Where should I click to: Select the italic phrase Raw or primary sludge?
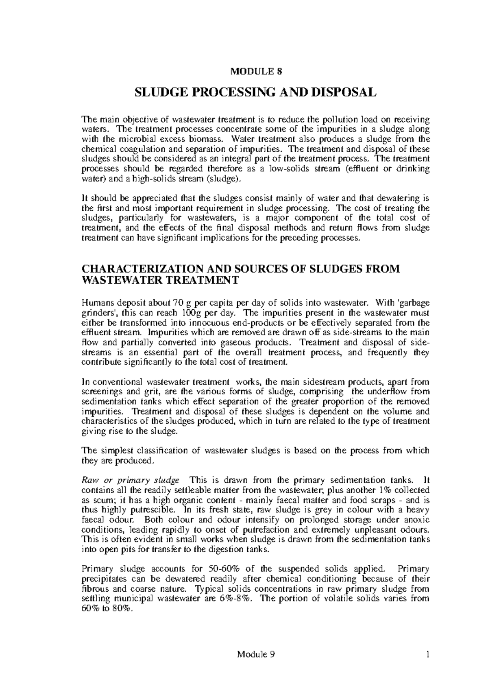tap(130, 480)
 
